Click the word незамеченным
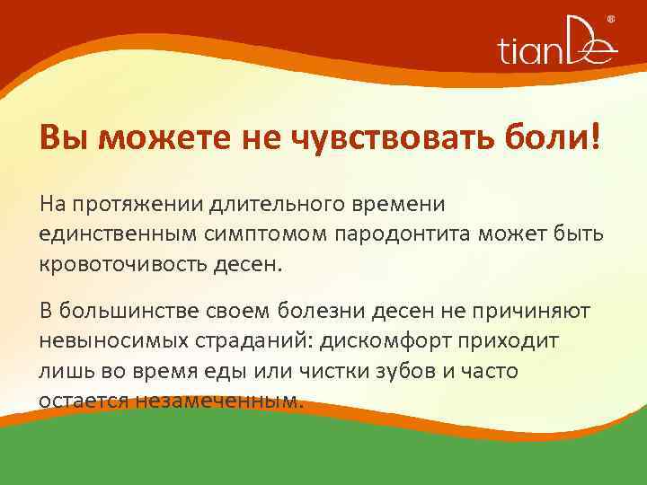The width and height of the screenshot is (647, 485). (x=217, y=399)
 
